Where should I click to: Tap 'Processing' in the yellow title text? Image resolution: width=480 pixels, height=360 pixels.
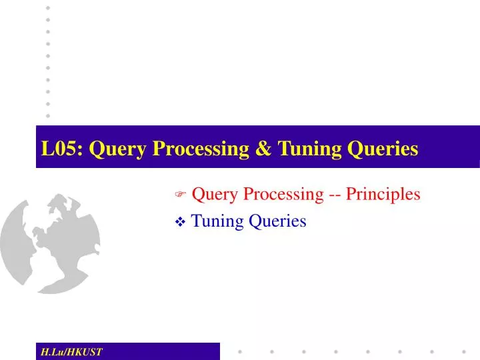click(x=194, y=149)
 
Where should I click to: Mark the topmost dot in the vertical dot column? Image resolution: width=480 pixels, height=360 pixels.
click(x=47, y=7)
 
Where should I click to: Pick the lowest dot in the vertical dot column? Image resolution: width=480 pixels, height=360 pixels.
click(x=47, y=115)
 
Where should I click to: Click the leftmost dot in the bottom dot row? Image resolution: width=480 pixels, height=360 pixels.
click(x=240, y=351)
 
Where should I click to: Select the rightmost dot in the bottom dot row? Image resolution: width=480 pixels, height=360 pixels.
click(x=464, y=351)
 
